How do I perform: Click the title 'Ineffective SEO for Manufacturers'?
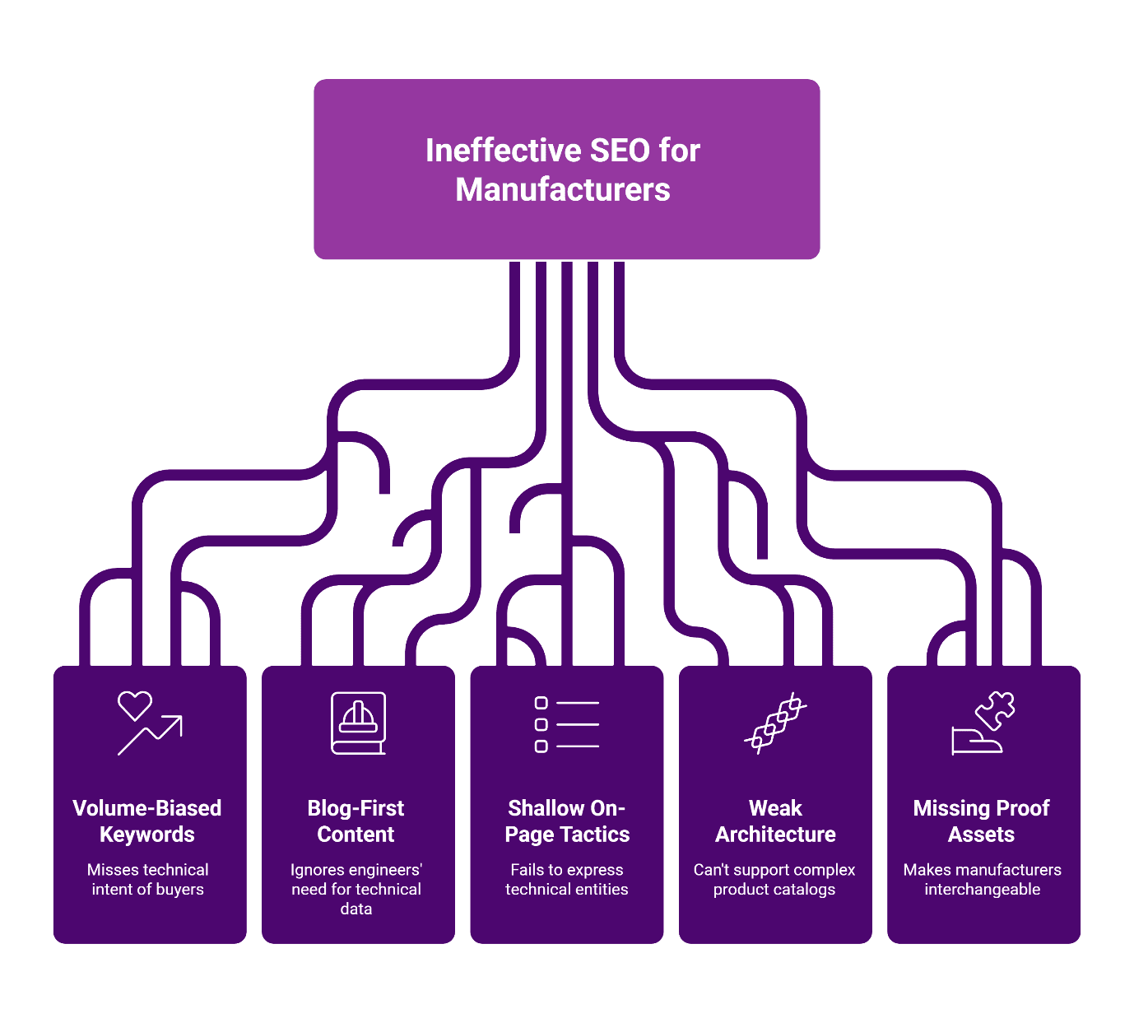[x=563, y=170]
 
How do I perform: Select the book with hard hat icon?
[x=358, y=723]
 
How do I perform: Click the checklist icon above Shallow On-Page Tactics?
[x=566, y=724]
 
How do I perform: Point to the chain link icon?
[x=775, y=723]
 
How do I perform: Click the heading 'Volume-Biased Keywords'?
[x=147, y=821]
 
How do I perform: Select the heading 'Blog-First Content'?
[x=356, y=821]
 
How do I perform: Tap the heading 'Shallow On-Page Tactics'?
[x=566, y=821]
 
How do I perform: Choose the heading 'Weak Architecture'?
[x=775, y=821]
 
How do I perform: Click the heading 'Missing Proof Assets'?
[x=981, y=821]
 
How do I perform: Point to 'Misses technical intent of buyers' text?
[x=148, y=879]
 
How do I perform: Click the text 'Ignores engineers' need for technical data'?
[x=356, y=889]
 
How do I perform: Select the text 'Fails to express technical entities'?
[x=566, y=879]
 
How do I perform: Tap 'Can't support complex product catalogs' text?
[x=774, y=879]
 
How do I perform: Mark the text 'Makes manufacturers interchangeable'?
[x=982, y=879]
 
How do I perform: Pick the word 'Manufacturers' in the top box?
[x=563, y=190]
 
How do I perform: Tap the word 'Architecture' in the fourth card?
[x=775, y=835]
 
